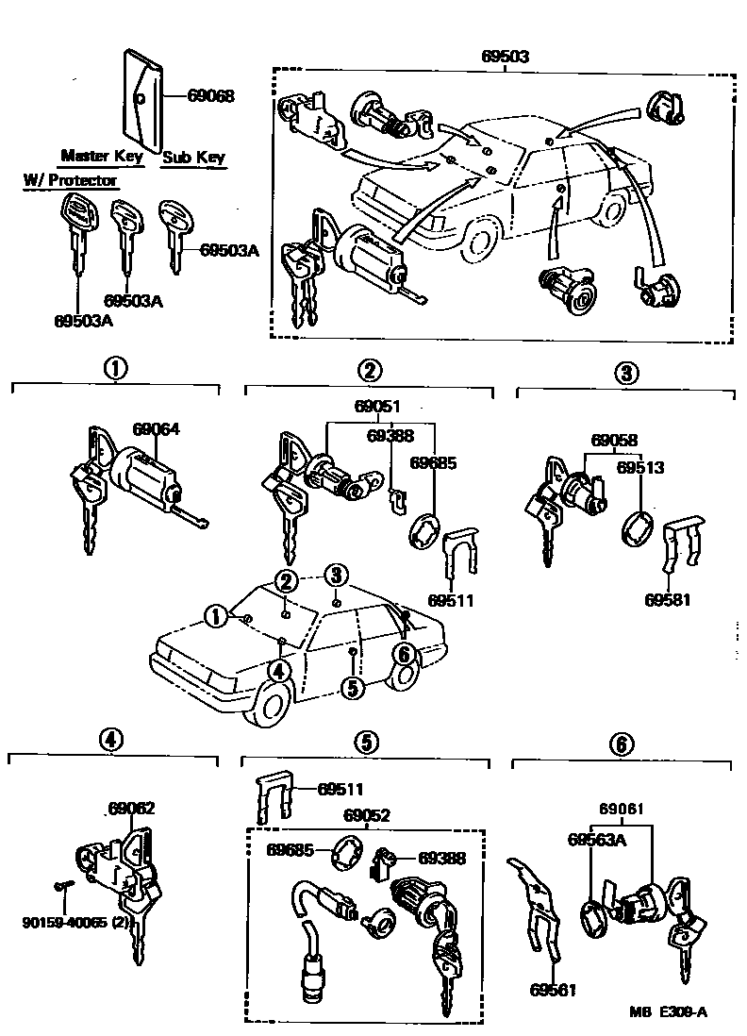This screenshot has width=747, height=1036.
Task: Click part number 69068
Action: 210,95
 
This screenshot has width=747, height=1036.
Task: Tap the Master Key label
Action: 101,156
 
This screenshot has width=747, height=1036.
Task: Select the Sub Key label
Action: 194,158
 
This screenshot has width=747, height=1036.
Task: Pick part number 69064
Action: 156,428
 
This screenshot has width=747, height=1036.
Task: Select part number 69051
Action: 377,408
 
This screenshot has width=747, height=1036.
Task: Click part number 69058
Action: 614,441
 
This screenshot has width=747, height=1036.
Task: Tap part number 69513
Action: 640,466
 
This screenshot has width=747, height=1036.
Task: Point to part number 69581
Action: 669,599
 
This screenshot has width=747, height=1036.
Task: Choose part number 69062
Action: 131,809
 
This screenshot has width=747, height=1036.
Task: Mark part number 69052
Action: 368,815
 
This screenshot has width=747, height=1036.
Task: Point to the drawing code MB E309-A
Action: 668,1011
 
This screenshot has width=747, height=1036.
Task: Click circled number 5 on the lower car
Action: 352,688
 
